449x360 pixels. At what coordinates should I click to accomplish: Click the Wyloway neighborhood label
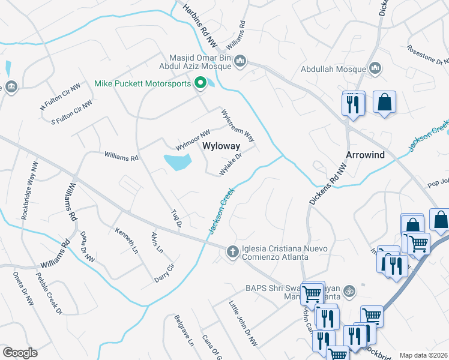[221, 146]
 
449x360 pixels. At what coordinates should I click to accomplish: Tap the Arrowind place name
[364, 154]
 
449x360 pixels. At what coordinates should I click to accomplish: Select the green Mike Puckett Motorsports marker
[200, 84]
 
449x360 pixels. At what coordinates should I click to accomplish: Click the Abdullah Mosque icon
[376, 69]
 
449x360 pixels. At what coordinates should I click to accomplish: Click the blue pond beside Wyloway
[178, 161]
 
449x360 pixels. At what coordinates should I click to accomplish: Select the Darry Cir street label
[164, 274]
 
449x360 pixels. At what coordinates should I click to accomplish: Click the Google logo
[20, 353]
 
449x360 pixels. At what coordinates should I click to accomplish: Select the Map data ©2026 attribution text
[423, 355]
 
